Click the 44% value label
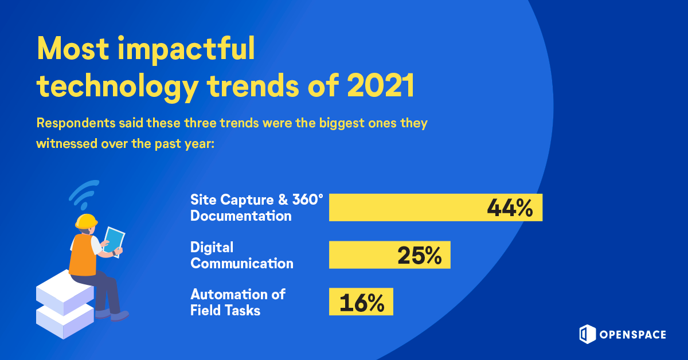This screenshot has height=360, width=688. [x=510, y=208]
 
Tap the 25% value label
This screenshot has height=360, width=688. [x=419, y=256]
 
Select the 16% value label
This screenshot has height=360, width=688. [x=361, y=302]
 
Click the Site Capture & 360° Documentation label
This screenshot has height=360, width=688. [x=257, y=208]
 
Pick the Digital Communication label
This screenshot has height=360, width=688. [x=241, y=255]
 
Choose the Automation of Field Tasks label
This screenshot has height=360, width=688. [x=237, y=302]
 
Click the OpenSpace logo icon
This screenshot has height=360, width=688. [x=585, y=334]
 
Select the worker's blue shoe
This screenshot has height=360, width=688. [x=119, y=315]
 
